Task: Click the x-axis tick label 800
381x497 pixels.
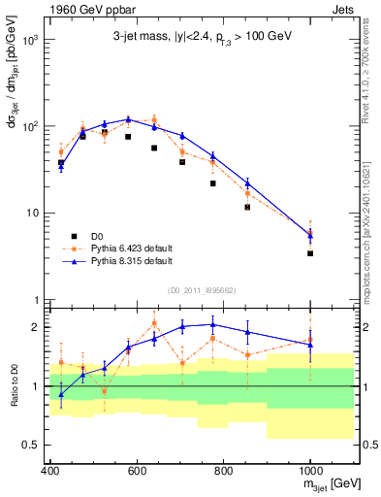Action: coord(223,472)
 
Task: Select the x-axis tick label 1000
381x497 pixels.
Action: coord(309,472)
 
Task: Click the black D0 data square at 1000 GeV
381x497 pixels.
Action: coord(310,253)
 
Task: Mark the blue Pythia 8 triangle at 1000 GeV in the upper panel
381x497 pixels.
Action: coord(310,236)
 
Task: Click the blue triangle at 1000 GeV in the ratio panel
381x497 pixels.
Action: coord(310,345)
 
